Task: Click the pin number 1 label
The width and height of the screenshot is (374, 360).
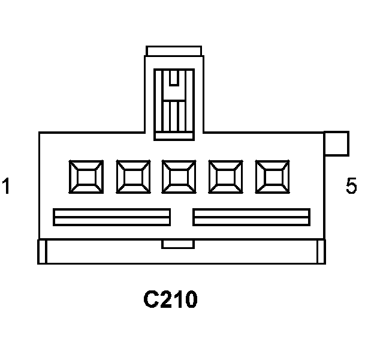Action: coord(6,186)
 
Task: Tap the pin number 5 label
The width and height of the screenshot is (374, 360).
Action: coord(351,186)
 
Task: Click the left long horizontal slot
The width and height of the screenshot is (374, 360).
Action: coord(111,217)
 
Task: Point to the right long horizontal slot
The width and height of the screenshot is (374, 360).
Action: coord(252,217)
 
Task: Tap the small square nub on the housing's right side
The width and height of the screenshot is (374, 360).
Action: coord(336,144)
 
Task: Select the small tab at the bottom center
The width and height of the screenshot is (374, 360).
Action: coord(178,244)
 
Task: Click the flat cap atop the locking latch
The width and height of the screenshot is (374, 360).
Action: coord(174,51)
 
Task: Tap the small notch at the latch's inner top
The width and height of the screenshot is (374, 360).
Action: coord(174,79)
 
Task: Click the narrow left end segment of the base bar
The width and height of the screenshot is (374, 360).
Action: coord(42,251)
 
